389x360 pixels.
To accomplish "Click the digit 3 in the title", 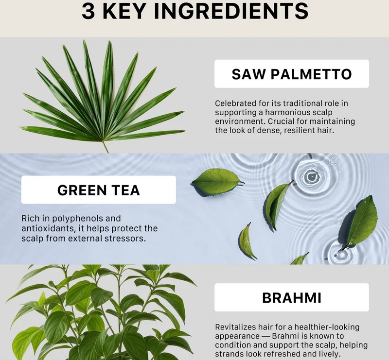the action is click(88, 11).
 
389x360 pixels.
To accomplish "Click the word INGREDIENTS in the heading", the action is click(231, 11).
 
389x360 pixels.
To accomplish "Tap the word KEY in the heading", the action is click(124, 11).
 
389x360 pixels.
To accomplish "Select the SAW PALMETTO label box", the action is click(291, 74).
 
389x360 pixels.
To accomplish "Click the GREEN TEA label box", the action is click(99, 189).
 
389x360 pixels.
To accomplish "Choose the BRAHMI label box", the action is click(291, 297).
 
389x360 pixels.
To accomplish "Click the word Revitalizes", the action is click(235, 327).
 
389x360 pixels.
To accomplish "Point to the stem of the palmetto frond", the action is click(105, 147).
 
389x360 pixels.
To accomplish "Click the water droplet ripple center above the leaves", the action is click(310, 176).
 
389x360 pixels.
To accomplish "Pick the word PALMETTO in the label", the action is click(311, 74).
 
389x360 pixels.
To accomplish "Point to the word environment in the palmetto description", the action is click(240, 121).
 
